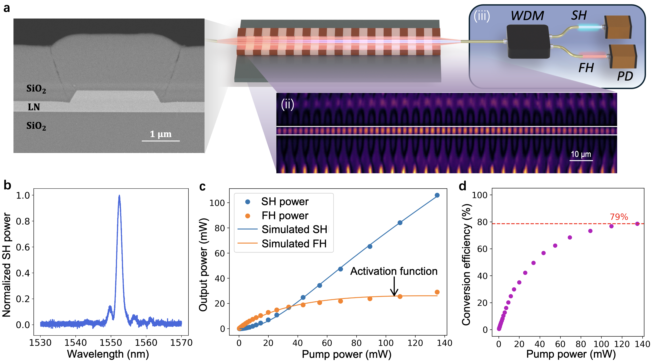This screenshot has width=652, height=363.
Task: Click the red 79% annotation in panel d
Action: [619, 217]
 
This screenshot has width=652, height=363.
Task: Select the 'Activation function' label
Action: [394, 271]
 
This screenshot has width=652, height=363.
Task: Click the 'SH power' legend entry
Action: [285, 202]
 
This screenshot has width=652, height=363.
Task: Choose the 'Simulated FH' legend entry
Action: [294, 244]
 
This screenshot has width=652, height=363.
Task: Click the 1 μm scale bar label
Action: [161, 134]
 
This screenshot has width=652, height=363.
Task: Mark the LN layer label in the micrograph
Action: [34, 107]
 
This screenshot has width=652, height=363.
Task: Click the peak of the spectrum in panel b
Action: [119, 196]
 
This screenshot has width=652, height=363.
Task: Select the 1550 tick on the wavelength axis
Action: [111, 343]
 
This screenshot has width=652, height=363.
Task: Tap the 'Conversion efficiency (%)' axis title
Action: [466, 265]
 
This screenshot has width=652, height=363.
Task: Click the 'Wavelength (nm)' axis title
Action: [108, 354]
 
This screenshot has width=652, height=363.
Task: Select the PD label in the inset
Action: [625, 76]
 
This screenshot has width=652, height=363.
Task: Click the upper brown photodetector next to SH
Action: [618, 27]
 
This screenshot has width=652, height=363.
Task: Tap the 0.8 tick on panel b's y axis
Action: [23, 221]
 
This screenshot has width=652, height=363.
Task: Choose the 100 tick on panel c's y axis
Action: [217, 203]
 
